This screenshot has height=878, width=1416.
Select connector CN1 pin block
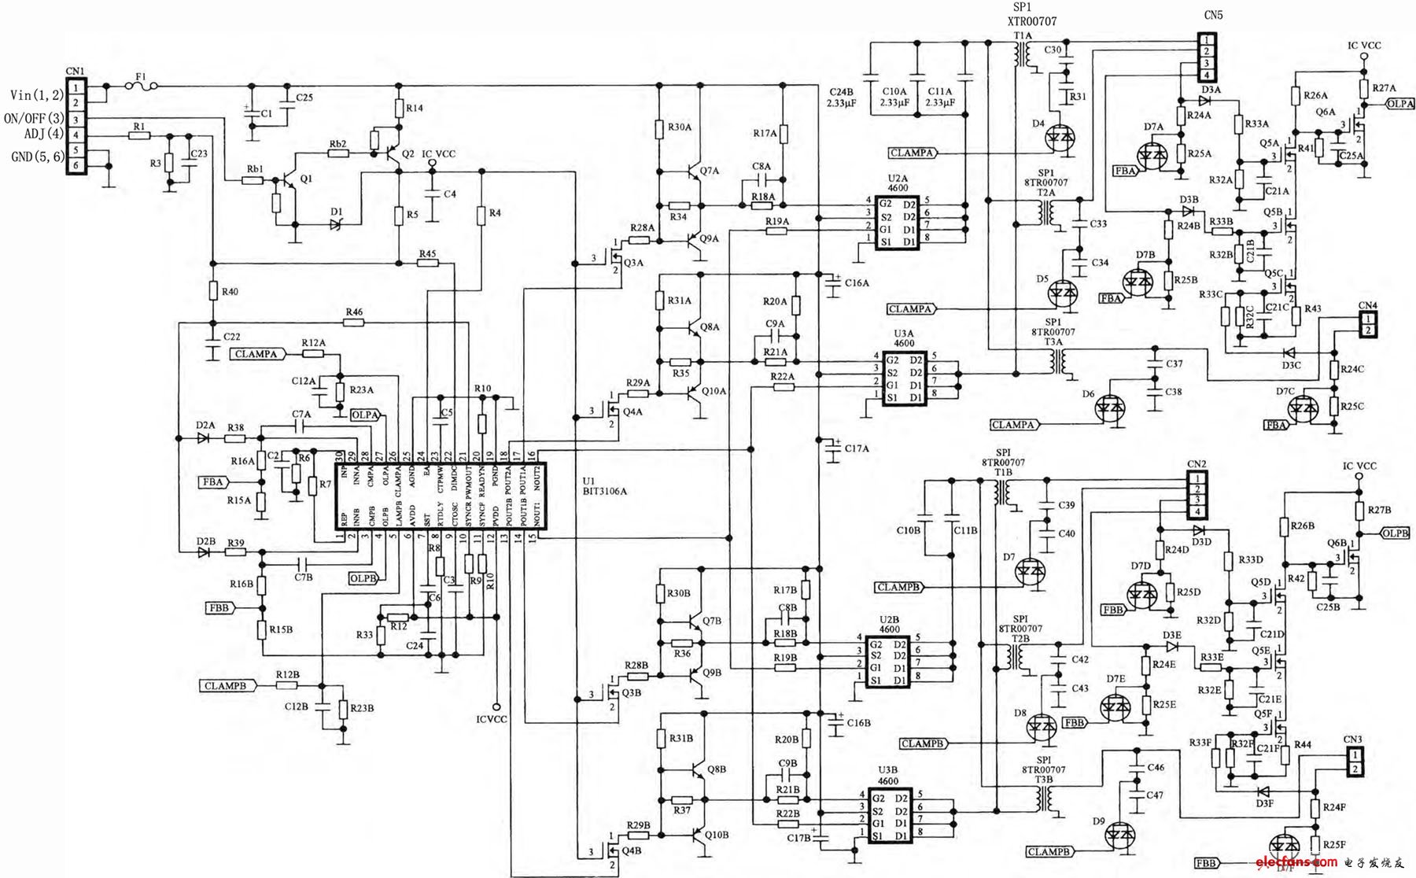[76, 125]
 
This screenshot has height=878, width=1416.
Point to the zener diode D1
[337, 224]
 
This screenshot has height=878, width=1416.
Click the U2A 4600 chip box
[897, 223]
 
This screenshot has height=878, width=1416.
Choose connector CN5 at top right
[1207, 56]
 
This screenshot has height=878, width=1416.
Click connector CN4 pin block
[1369, 323]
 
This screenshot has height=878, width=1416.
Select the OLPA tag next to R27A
[1399, 103]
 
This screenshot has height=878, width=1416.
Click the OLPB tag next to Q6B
[1394, 533]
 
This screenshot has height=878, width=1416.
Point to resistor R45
[427, 263]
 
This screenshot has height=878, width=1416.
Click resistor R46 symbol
[354, 322]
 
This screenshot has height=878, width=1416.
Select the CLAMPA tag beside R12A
[257, 354]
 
